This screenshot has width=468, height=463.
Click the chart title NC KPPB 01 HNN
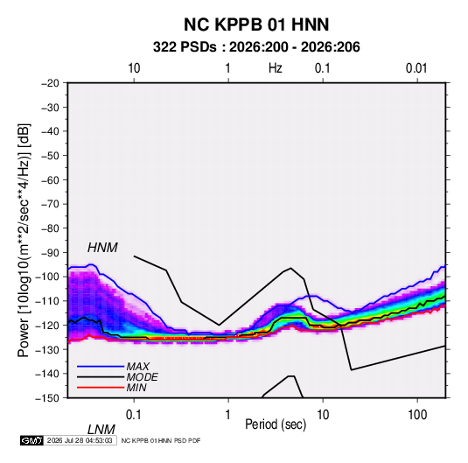point(256,25)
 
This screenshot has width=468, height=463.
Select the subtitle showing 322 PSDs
point(256,47)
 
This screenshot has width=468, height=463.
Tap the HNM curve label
point(102,248)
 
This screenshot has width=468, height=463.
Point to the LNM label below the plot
point(101,430)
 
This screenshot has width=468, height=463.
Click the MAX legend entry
point(137,366)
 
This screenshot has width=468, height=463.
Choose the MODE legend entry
point(142,377)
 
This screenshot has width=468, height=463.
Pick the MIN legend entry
point(136,388)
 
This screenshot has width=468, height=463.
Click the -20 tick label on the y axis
point(50,83)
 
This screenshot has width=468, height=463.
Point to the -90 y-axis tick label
point(50,253)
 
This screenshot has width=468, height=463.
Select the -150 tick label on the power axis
point(47,398)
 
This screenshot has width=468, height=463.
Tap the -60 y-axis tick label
point(50,179)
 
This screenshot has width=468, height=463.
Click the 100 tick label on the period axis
point(417,415)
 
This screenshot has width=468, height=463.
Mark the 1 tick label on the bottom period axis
point(227,415)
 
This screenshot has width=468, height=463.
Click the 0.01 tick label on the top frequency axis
point(416,68)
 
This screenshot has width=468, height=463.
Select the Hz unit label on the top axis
point(275,68)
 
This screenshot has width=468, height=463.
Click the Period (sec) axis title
point(276,424)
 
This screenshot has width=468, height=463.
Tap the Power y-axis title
point(24,241)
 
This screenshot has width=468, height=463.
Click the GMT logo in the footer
point(31,440)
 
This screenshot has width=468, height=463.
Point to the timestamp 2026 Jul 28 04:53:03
point(80,440)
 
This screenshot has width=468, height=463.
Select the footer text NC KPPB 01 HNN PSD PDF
point(161,440)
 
